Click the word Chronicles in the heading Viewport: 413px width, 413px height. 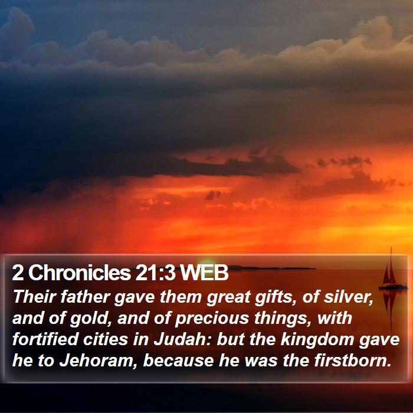pyautogui.click(x=79, y=273)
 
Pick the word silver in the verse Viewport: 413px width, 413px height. pyautogui.click(x=348, y=297)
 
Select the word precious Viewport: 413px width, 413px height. pyautogui.click(x=212, y=319)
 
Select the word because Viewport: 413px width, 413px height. pyautogui.click(x=178, y=361)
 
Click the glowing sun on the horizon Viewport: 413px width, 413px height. pyautogui.click(x=206, y=264)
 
